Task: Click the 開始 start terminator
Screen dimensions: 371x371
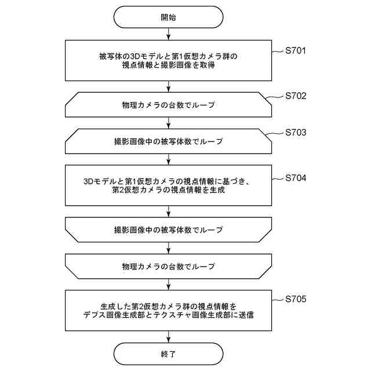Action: [168, 17]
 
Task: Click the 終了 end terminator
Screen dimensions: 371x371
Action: [168, 352]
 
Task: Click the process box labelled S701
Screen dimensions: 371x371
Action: [168, 61]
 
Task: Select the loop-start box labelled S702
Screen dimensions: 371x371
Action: [168, 105]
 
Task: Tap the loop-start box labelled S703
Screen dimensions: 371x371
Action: [168, 141]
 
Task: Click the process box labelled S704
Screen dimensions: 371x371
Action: [168, 185]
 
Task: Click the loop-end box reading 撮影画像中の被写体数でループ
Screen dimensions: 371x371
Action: [168, 230]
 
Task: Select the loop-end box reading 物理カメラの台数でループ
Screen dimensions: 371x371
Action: [168, 266]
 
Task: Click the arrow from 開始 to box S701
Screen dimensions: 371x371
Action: [168, 34]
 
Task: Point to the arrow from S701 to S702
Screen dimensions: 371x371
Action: [168, 87]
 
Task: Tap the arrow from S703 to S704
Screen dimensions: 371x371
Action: [168, 158]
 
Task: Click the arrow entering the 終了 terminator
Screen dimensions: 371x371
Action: [168, 336]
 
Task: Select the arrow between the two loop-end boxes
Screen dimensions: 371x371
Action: [168, 248]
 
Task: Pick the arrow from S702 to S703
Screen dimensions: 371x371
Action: [168, 123]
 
